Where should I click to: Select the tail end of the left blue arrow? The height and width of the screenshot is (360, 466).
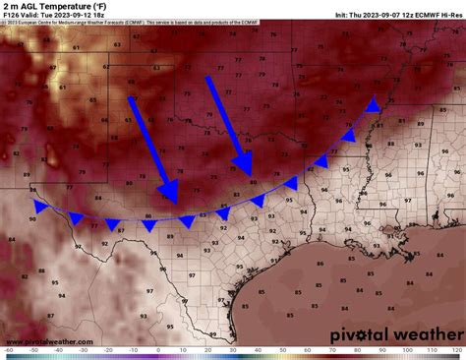132,98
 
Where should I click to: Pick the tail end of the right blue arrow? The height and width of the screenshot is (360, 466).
208,79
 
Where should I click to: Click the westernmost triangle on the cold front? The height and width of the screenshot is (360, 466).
40,207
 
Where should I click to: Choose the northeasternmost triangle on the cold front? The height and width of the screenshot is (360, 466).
373,106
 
